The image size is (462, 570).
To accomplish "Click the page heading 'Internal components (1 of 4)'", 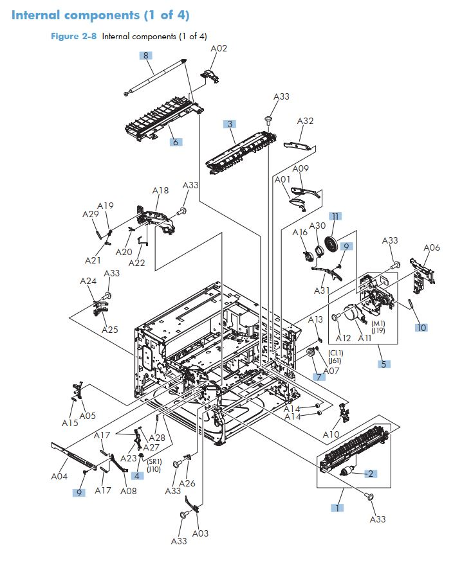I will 100,15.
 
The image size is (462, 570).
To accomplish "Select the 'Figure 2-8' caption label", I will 73,37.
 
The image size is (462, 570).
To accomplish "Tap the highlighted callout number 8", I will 147,55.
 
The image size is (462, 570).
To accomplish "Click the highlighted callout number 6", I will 175,142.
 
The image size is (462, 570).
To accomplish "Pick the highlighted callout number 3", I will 230,123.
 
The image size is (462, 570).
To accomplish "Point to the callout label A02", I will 219,48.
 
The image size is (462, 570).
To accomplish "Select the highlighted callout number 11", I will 335,216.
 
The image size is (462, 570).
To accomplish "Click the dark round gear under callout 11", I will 332,245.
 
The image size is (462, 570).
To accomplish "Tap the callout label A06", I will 431,248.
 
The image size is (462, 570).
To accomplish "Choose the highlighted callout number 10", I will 421,328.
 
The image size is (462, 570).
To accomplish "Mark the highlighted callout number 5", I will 383,364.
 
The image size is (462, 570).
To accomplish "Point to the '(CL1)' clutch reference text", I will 337,353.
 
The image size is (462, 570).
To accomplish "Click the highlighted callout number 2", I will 371,474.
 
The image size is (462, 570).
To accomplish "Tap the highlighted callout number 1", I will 337,508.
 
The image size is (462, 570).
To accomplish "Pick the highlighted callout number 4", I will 137,476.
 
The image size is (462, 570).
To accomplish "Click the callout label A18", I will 160,191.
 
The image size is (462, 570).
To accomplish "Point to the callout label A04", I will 59,477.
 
